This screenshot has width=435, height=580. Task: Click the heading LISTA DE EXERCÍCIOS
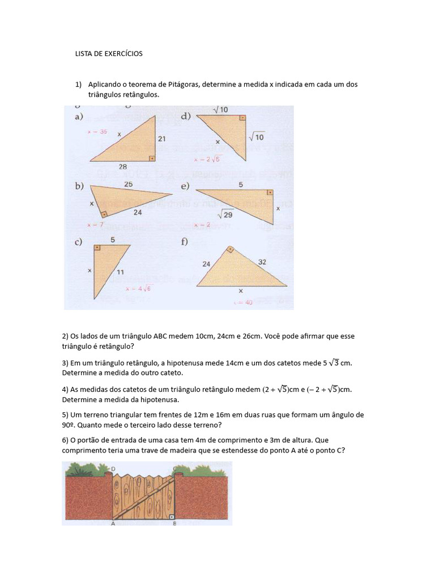[x=109, y=54]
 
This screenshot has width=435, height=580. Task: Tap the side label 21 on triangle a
[x=161, y=138]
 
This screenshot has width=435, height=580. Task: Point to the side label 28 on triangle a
[x=123, y=167]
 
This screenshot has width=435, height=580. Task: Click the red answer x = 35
[x=97, y=131]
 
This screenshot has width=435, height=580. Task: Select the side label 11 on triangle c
[x=121, y=272]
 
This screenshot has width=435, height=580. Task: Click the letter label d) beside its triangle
[x=186, y=117]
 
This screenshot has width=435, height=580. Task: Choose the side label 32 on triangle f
[x=263, y=262]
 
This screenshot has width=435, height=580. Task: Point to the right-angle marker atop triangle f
[x=230, y=249]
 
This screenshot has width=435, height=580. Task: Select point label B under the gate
[x=174, y=524]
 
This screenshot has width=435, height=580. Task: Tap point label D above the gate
[x=113, y=469]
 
